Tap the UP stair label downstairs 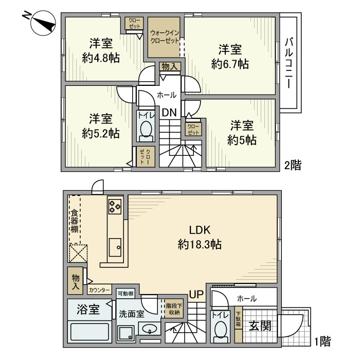196,295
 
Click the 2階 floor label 293,166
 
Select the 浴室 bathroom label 87,310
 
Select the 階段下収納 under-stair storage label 173,309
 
